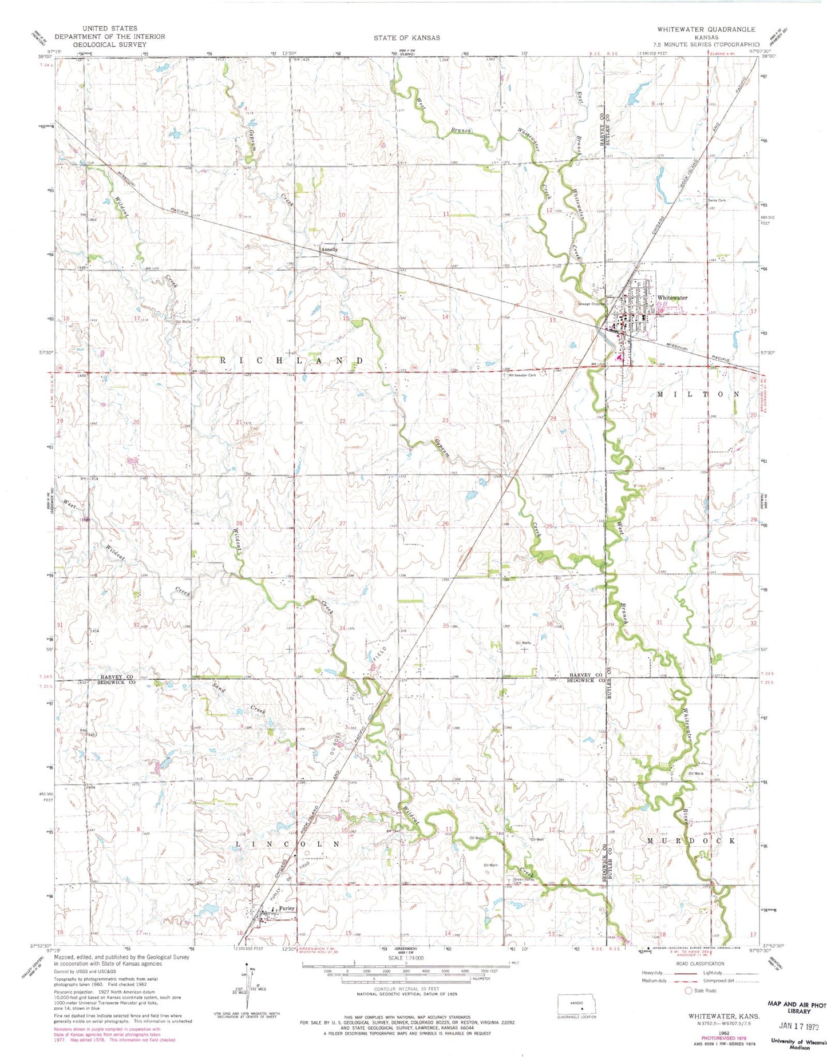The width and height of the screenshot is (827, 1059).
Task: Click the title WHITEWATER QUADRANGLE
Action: pyautogui.click(x=706, y=29)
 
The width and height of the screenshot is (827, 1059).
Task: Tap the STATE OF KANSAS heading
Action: pyautogui.click(x=407, y=38)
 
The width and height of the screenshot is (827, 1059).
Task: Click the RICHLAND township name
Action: pyautogui.click(x=292, y=360)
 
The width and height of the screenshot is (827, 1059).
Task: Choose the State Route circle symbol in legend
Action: pyautogui.click(x=688, y=990)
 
